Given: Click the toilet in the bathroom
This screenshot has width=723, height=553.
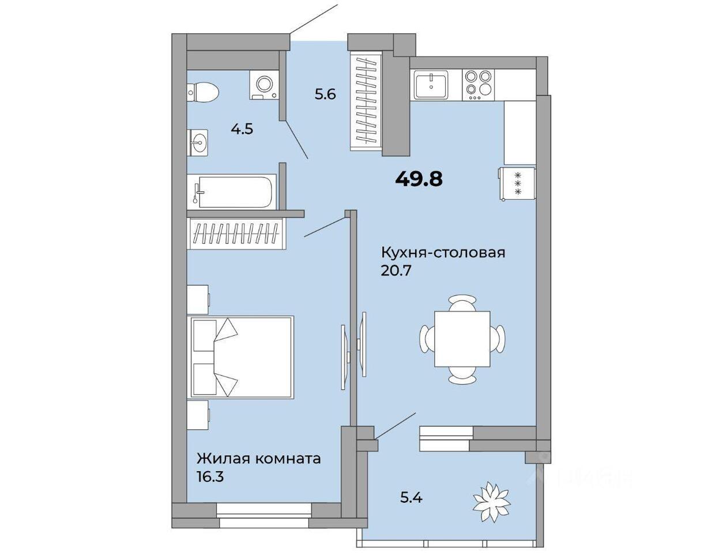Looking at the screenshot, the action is [202, 92].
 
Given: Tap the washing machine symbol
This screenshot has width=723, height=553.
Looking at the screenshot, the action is [264, 85].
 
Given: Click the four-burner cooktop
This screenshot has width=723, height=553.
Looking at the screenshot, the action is [478, 85].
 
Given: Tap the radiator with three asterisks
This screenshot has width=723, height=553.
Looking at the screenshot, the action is [517, 184].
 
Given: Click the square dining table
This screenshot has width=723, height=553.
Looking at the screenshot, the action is [462, 339].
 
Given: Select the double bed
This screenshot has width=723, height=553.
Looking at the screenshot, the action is [240, 357].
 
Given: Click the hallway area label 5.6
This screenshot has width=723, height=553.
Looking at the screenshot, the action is [325, 94].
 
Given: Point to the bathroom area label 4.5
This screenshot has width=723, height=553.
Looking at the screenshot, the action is [242, 129].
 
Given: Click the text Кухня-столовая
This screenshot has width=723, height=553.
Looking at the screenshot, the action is [443, 253].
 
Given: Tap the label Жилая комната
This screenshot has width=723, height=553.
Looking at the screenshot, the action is [259, 459].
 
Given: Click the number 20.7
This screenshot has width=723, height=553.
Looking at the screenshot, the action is [397, 271].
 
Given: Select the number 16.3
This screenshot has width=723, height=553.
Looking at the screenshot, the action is [210, 477].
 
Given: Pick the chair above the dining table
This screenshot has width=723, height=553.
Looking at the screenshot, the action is [462, 303].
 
